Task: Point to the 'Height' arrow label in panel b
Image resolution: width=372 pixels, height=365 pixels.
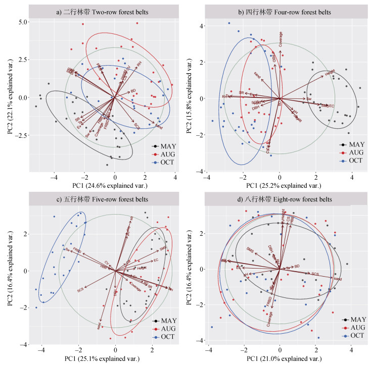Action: pos(330,72)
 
